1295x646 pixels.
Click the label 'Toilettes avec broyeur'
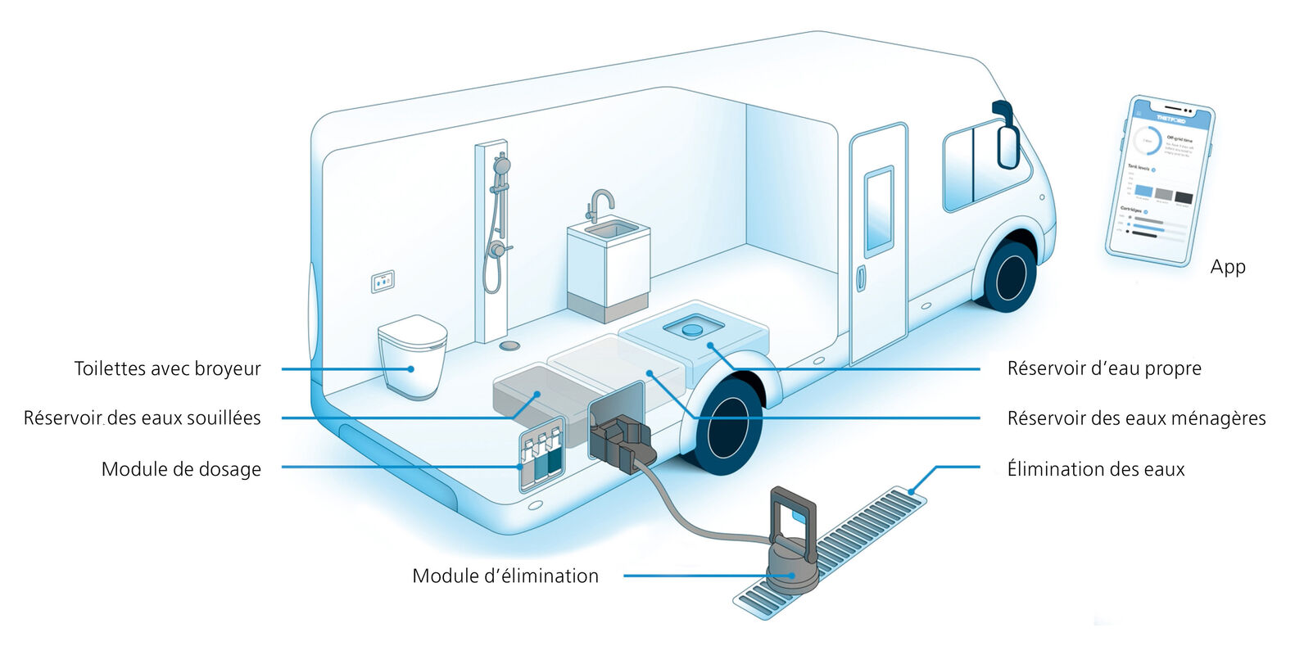167,368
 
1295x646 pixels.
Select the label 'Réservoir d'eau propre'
1104,368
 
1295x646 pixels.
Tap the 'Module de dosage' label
181,469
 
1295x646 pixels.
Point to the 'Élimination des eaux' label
1095,469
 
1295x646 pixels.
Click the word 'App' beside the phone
1227,267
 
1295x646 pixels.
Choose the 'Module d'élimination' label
505,576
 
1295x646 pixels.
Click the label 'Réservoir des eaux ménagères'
1136,418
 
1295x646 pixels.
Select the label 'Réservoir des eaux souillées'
142,418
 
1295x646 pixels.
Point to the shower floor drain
510,345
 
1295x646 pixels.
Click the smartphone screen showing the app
1158,180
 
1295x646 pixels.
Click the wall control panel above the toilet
383,281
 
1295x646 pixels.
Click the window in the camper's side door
879,209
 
